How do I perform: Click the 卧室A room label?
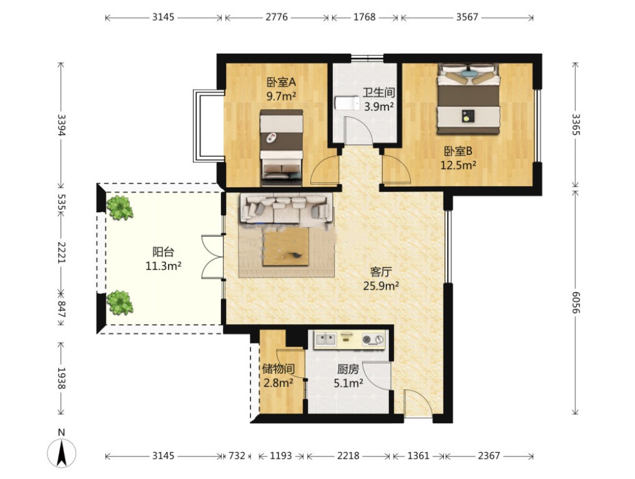click(282, 82)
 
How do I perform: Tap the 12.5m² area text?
click(458, 165)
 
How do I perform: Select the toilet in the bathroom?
click(347, 103)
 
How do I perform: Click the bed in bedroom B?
click(468, 99)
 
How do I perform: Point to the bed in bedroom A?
click(282, 144)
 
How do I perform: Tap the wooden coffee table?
click(285, 247)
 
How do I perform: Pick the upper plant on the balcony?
click(119, 207)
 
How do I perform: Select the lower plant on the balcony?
click(120, 302)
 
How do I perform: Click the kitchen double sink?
click(326, 339)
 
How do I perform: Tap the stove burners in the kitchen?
click(373, 339)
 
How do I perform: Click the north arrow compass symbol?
click(62, 452)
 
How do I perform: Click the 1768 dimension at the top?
click(365, 17)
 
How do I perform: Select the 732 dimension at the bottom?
click(237, 456)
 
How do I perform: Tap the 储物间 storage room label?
click(278, 369)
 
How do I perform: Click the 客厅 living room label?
click(381, 272)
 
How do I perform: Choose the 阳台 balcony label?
click(163, 252)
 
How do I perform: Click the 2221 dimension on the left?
click(61, 252)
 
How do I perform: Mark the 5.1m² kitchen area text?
click(348, 383)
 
